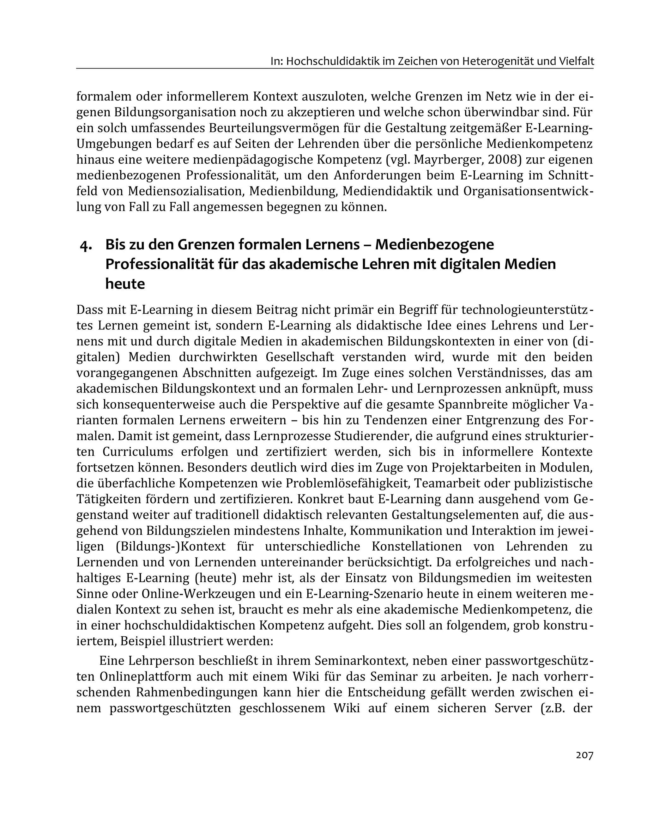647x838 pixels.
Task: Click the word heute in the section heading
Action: (x=125, y=284)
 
